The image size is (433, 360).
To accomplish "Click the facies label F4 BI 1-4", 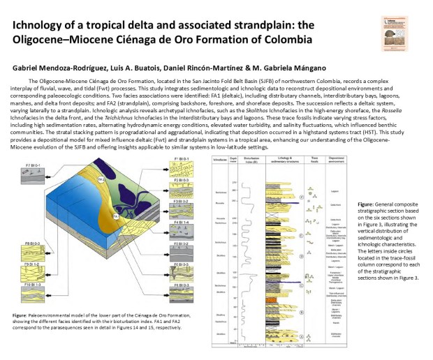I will click(181, 222).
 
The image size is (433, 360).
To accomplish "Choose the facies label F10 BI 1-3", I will click(32, 285).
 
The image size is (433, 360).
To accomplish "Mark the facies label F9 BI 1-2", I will click(32, 265).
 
